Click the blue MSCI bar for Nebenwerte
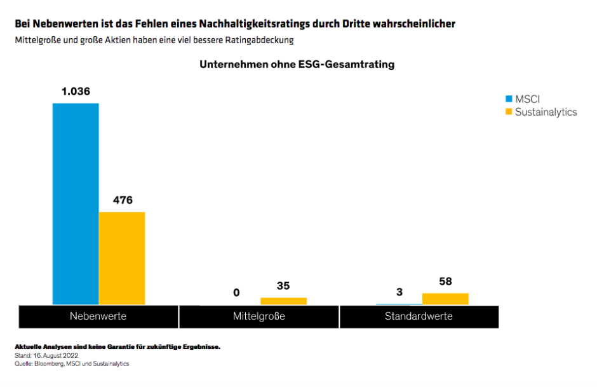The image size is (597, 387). (76, 203)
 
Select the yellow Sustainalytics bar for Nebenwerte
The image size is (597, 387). (122, 258)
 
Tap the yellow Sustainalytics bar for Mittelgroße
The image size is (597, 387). (283, 301)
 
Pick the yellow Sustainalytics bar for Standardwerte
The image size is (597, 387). (445, 299)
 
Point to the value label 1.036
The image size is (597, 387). (76, 92)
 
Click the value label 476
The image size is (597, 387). (123, 200)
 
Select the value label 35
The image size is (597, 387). (283, 286)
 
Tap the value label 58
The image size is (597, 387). (445, 282)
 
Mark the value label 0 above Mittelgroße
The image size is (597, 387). (237, 292)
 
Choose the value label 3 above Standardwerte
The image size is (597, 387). (399, 292)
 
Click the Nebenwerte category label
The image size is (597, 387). (98, 316)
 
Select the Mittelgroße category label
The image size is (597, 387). (259, 316)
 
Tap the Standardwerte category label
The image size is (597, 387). (419, 316)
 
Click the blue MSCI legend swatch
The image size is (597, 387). (508, 99)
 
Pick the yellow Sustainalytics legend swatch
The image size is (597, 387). (508, 112)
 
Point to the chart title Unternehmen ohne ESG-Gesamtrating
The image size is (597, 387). (297, 65)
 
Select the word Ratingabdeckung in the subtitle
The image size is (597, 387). (262, 40)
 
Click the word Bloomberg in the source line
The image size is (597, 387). (48, 363)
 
